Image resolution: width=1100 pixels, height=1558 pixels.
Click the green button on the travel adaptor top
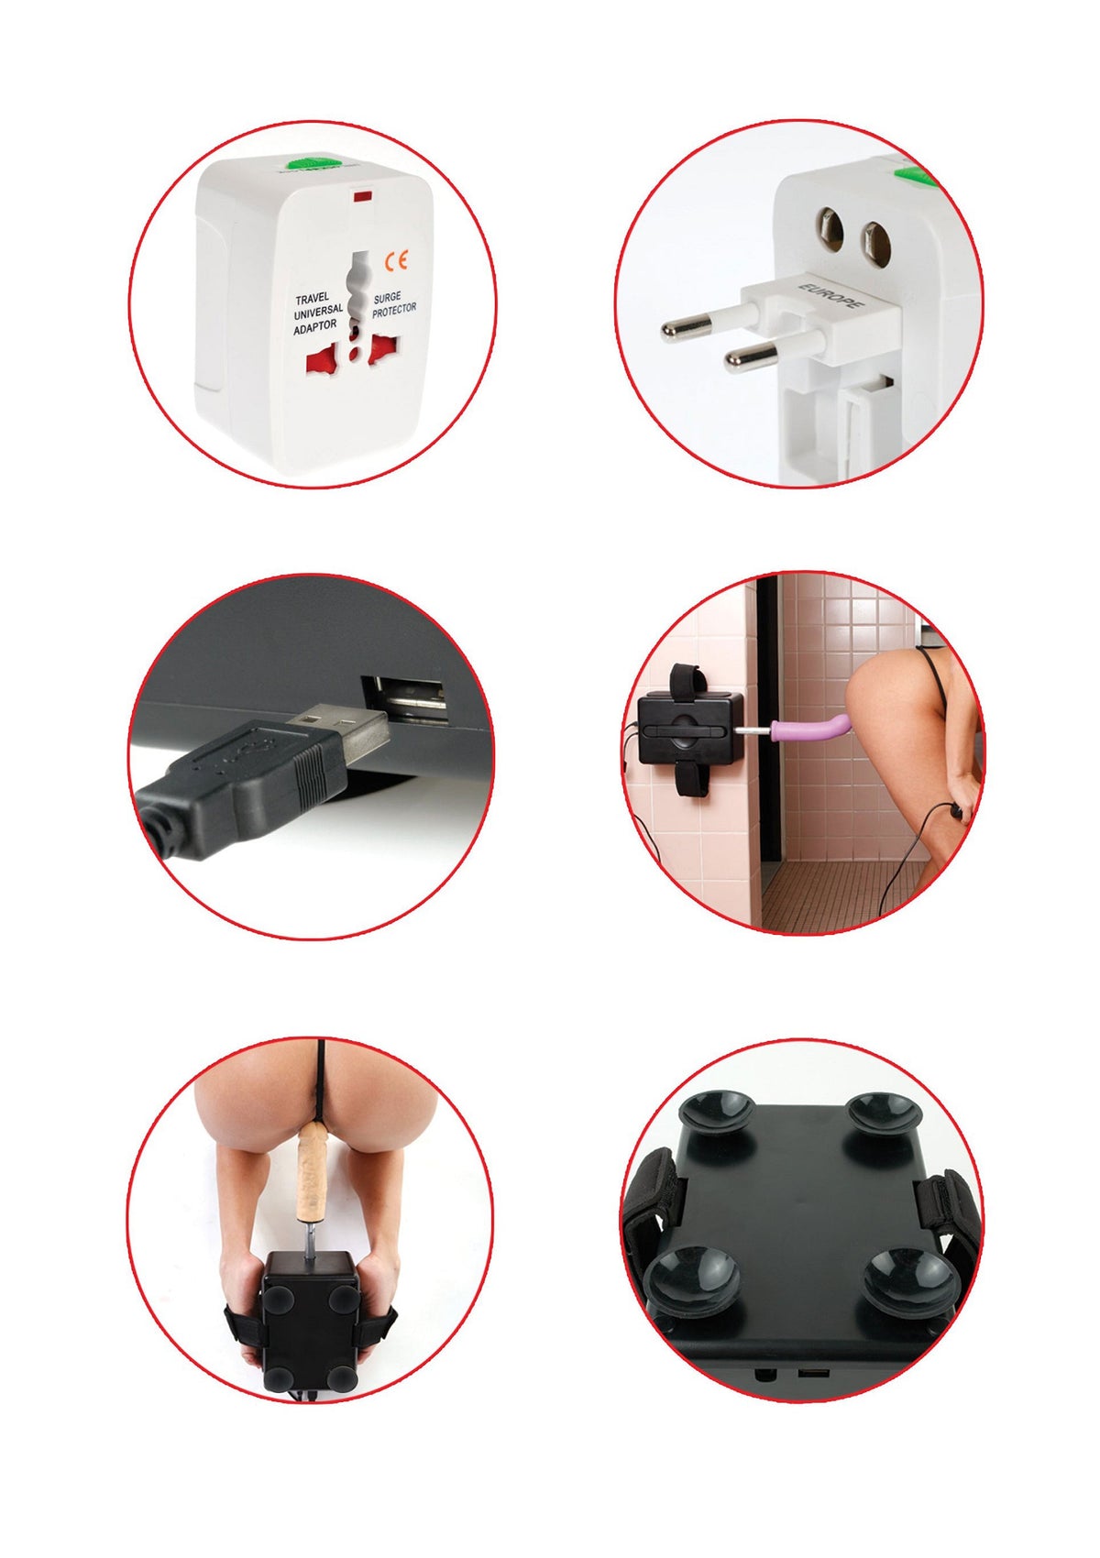314,163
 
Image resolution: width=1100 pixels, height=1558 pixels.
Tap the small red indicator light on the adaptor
362,198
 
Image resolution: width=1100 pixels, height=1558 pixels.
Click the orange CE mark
397,261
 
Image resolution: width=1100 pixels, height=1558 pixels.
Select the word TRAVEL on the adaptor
312,299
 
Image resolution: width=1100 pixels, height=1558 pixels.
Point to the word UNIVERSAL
318,312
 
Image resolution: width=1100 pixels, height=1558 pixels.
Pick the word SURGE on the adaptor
387,298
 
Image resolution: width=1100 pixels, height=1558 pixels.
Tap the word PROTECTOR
394,310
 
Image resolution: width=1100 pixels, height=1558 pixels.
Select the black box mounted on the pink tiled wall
690,729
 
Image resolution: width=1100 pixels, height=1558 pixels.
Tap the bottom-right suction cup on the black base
909,1279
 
